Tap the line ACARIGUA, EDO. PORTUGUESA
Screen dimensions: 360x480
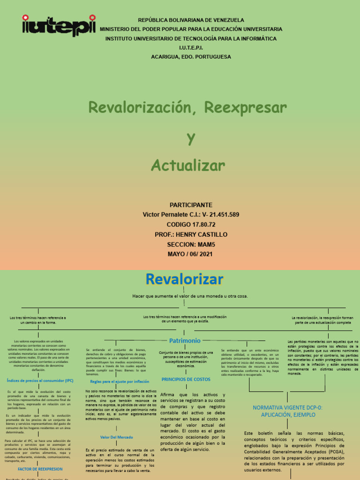(191, 57)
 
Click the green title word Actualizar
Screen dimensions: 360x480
(187, 165)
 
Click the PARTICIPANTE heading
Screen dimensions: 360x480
(190, 205)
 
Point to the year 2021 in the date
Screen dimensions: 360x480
(205, 254)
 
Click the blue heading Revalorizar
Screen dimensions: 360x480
(184, 279)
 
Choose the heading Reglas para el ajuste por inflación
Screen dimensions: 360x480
(120, 382)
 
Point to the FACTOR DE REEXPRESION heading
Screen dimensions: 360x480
(40, 469)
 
